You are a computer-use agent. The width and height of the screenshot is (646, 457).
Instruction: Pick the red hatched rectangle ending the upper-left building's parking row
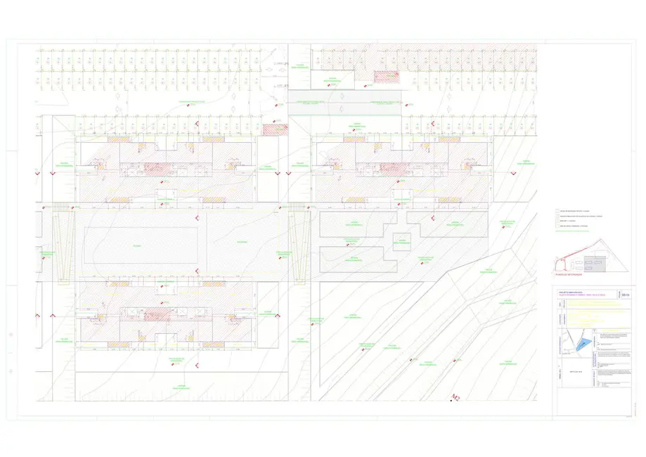click(x=271, y=129)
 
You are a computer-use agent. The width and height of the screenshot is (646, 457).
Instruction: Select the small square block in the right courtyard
click(x=401, y=242)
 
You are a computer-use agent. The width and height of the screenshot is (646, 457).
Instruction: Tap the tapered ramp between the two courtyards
click(x=299, y=246)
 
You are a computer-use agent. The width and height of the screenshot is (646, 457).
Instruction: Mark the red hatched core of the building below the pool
click(x=154, y=314)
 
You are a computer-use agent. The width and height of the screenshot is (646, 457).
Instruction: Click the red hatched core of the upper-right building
click(x=392, y=168)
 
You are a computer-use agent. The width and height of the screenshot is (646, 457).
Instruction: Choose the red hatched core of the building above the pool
click(x=154, y=168)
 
